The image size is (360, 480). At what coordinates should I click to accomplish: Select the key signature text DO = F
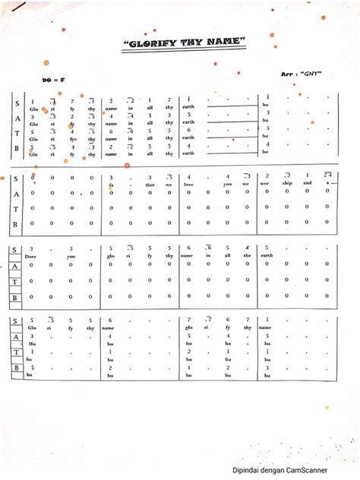tap(53, 79)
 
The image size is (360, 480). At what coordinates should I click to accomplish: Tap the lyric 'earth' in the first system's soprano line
tap(188, 106)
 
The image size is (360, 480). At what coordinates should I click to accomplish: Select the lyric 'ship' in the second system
tap(287, 183)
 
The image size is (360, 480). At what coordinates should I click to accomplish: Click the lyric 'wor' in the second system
tap(267, 183)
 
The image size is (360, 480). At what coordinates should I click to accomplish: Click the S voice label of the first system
tap(16, 101)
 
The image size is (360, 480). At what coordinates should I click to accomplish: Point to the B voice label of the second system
tap(16, 225)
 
